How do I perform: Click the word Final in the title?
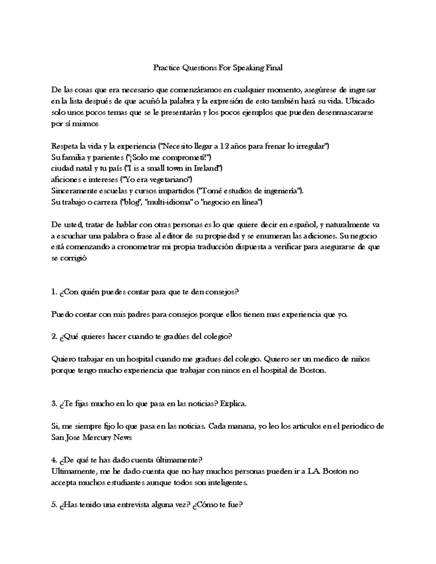[274, 68]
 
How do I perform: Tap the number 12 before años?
[225, 146]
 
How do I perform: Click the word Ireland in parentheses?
[207, 169]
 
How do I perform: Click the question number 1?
[54, 292]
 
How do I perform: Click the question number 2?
[54, 337]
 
